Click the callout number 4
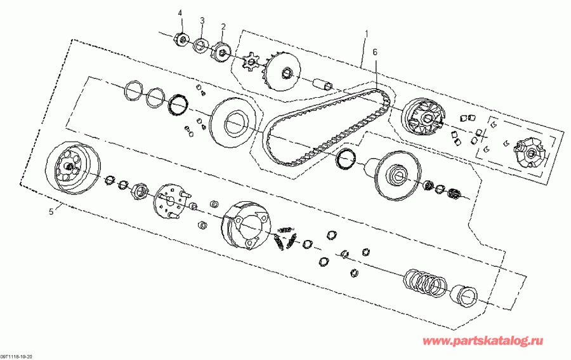pyautogui.click(x=180, y=13)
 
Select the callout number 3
pyautogui.click(x=202, y=20)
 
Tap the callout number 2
pyautogui.click(x=223, y=27)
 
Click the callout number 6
pyautogui.click(x=375, y=52)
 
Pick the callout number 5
pyautogui.click(x=51, y=212)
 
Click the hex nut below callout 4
pyautogui.click(x=181, y=40)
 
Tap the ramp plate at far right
pyautogui.click(x=527, y=152)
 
